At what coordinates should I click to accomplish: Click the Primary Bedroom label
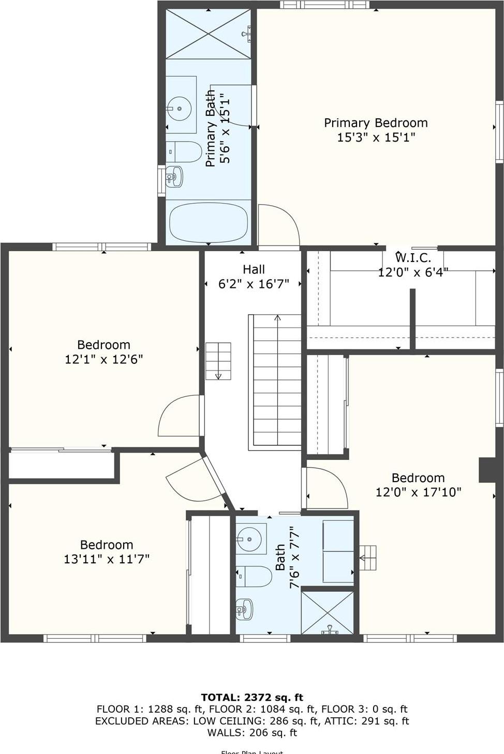click(376, 123)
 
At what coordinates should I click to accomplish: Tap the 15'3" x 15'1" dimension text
click(376, 137)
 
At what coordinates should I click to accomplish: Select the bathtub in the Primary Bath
click(208, 222)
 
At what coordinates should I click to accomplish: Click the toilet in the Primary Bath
click(185, 152)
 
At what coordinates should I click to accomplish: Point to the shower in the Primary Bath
click(208, 34)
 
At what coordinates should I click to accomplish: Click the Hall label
click(254, 269)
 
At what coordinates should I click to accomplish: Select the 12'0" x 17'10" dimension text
click(418, 492)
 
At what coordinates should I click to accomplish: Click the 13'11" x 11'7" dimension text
click(107, 559)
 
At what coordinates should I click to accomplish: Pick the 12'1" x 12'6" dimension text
click(103, 359)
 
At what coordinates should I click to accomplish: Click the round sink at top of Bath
click(251, 539)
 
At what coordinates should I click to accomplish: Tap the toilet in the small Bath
click(255, 576)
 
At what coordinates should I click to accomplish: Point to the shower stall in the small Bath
click(327, 612)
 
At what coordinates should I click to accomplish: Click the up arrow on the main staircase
click(277, 319)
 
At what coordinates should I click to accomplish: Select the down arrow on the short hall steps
click(218, 376)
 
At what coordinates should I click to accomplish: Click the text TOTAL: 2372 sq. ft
click(252, 698)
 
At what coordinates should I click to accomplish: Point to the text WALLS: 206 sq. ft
click(252, 732)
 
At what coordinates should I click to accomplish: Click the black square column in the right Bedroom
click(487, 470)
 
